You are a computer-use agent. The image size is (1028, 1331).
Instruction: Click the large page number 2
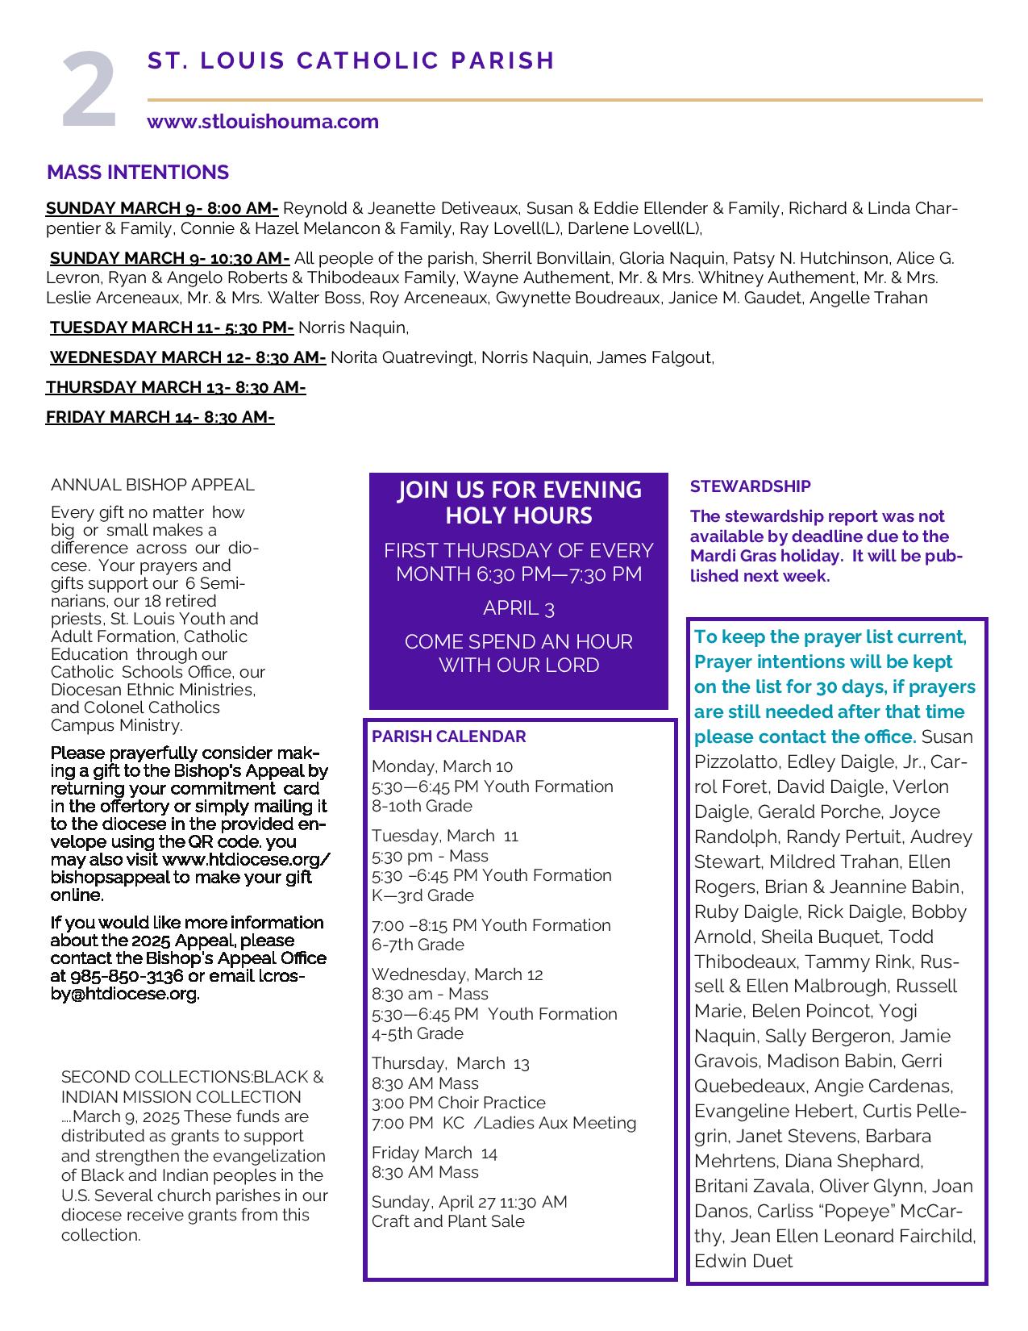click(x=89, y=90)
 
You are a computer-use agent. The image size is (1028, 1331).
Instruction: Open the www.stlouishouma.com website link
click(x=263, y=122)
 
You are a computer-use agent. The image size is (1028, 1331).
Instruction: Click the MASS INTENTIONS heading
click(x=138, y=173)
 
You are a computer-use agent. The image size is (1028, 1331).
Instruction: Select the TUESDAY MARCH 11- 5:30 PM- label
click(x=172, y=328)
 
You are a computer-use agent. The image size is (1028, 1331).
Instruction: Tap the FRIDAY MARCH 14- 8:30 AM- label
click(x=160, y=417)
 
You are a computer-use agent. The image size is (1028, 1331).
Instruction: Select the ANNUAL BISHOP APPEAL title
click(x=152, y=485)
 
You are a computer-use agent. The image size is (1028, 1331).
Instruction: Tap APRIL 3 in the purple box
click(x=518, y=608)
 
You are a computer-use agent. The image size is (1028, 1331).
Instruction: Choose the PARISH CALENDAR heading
click(x=448, y=736)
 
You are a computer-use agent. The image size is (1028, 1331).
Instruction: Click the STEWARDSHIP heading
click(x=750, y=486)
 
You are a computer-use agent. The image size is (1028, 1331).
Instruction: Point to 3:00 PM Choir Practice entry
click(x=458, y=1103)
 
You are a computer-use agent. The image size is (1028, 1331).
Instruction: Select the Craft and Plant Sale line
click(x=447, y=1221)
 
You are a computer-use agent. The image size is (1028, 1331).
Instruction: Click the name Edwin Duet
click(x=743, y=1261)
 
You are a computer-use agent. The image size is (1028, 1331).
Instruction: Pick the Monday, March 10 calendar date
click(x=442, y=766)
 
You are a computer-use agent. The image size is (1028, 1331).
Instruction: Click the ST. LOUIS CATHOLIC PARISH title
click(x=352, y=61)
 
